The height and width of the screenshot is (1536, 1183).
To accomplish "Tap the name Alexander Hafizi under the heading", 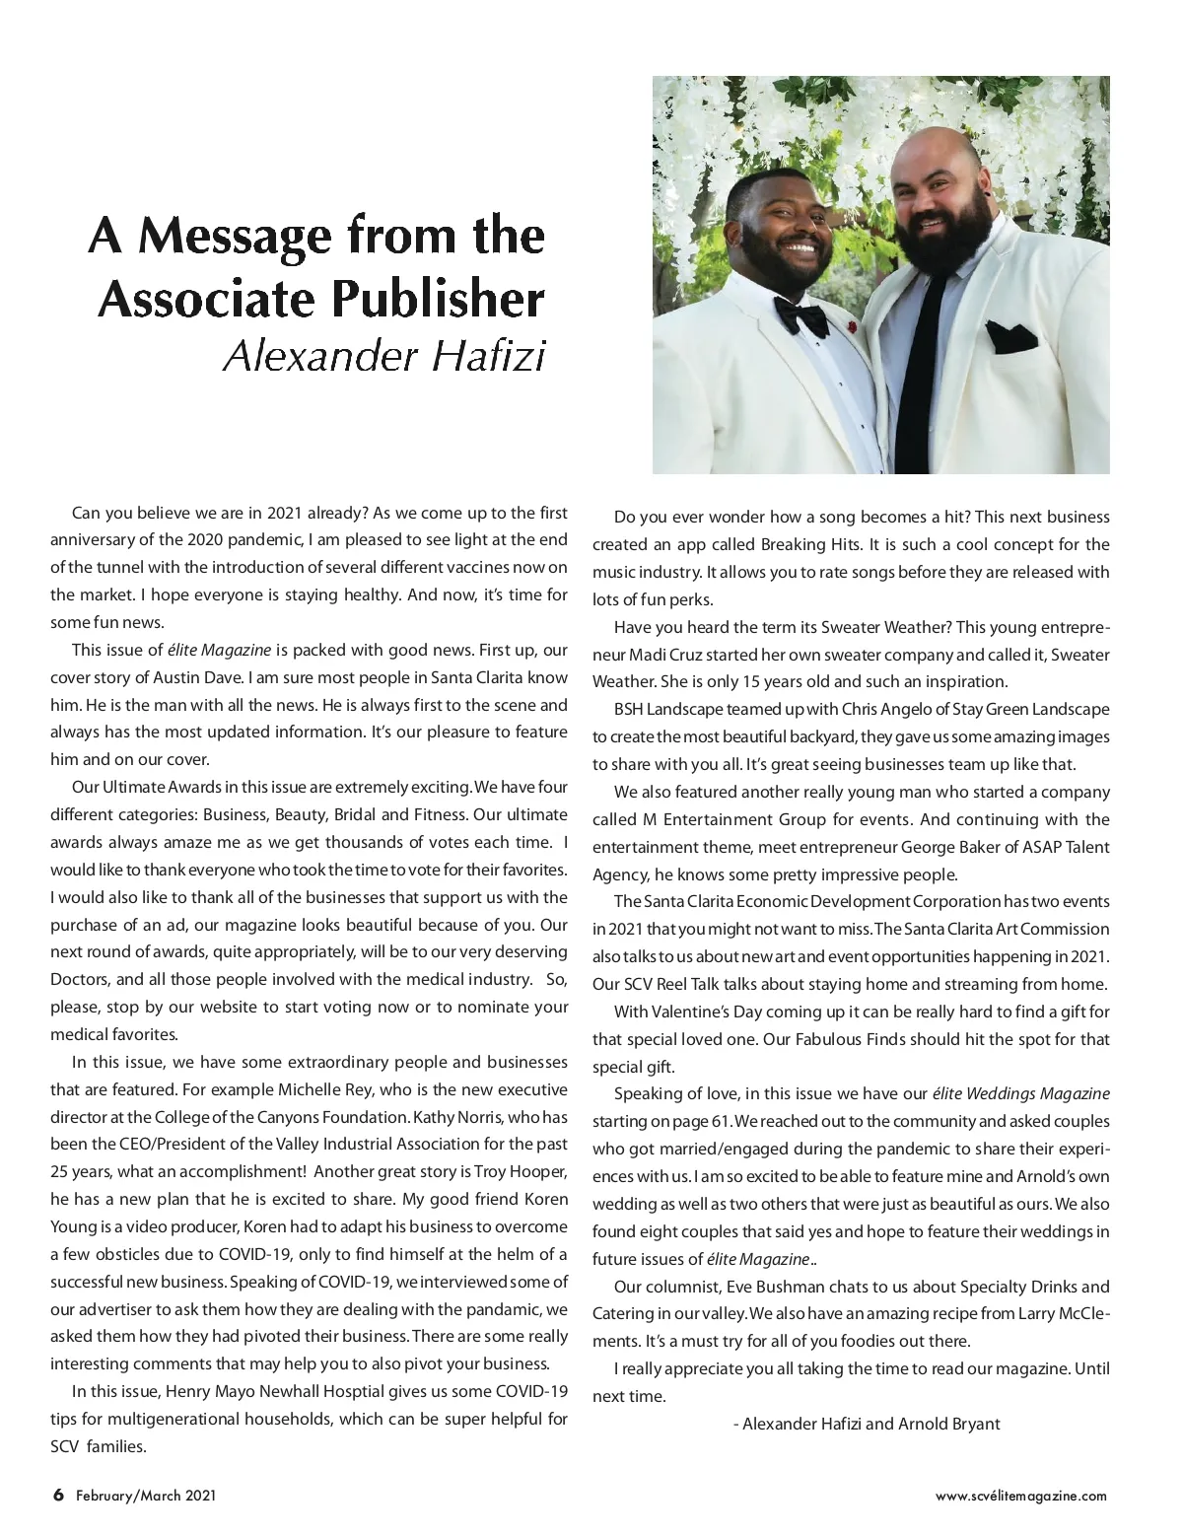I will click(383, 356).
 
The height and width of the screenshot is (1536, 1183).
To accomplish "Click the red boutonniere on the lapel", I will click(854, 323).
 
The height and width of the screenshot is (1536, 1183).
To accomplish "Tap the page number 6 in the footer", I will click(58, 1495).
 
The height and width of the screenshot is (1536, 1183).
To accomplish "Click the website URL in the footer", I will click(1020, 1496).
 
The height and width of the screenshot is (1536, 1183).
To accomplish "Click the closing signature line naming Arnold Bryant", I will click(868, 1424).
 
